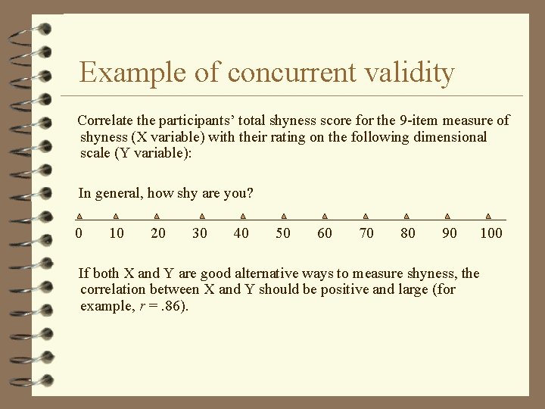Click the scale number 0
pyautogui.click(x=79, y=233)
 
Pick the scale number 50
pyautogui.click(x=283, y=233)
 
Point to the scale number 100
pyautogui.click(x=491, y=233)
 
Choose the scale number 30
pyautogui.click(x=200, y=233)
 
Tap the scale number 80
pyautogui.click(x=408, y=233)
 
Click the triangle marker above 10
pyautogui.click(x=116, y=216)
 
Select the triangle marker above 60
pyautogui.click(x=325, y=216)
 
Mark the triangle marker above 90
pyautogui.click(x=447, y=216)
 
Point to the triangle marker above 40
pyautogui.click(x=243, y=216)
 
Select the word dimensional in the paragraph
pyautogui.click(x=450, y=137)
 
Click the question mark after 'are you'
pyautogui.click(x=250, y=193)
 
